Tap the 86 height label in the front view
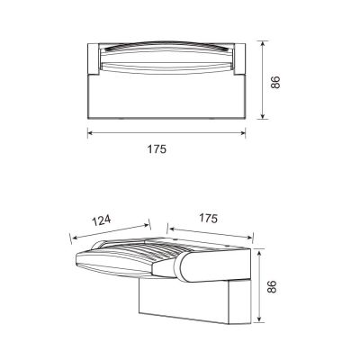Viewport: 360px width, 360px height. (x=277, y=80)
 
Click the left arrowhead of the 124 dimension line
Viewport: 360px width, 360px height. (x=72, y=237)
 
